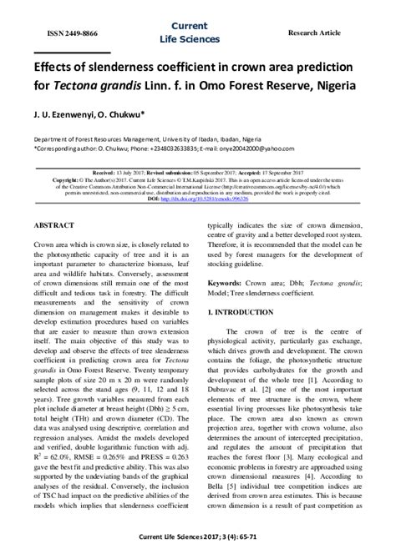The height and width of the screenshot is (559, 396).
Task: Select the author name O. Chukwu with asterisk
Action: click(x=128, y=114)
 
